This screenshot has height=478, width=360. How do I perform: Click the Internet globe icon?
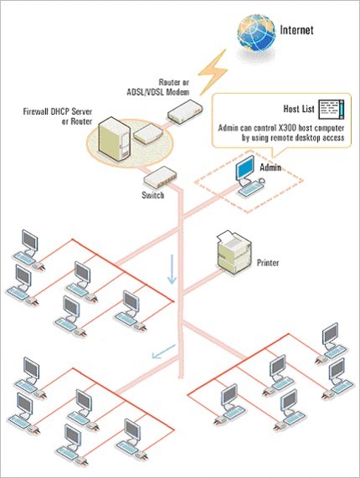click(256, 33)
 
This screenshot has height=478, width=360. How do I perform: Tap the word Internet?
click(296, 30)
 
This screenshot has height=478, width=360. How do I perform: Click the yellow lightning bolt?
click(213, 72)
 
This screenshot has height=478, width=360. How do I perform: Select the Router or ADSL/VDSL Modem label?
click(158, 87)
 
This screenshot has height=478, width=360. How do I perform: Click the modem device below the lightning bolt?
click(185, 111)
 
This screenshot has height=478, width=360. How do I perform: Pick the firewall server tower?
click(115, 139)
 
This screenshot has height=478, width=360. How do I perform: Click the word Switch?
click(152, 195)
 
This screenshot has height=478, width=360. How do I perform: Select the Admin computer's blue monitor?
click(245, 168)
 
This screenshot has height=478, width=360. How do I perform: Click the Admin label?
click(270, 167)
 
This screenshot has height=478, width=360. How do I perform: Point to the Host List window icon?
click(332, 109)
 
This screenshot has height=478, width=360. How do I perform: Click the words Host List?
click(299, 109)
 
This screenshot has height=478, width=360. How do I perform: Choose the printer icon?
click(234, 253)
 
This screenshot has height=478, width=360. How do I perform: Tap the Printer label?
click(268, 263)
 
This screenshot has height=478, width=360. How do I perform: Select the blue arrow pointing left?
click(164, 352)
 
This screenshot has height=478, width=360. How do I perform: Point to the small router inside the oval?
click(148, 134)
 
